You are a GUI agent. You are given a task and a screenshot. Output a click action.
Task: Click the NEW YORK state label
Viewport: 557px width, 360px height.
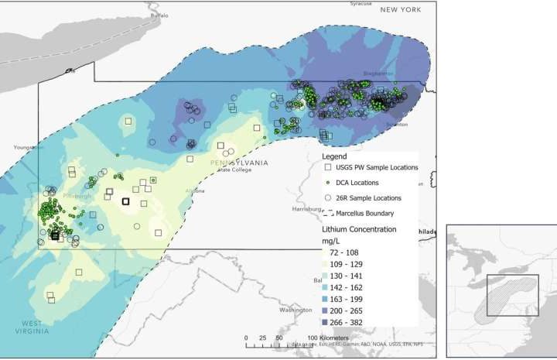coord(400,9)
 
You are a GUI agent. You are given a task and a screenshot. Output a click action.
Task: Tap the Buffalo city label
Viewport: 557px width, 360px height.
coord(159,15)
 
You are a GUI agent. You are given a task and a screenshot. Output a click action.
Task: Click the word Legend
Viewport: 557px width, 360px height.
coord(335,156)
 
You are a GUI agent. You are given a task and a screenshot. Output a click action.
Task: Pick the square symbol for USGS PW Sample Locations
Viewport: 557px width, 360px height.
coord(328,167)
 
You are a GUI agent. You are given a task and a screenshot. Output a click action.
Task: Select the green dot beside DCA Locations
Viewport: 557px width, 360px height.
coord(328,183)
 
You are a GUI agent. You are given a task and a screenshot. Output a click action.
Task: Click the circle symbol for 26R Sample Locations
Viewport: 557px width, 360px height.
coord(328,198)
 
